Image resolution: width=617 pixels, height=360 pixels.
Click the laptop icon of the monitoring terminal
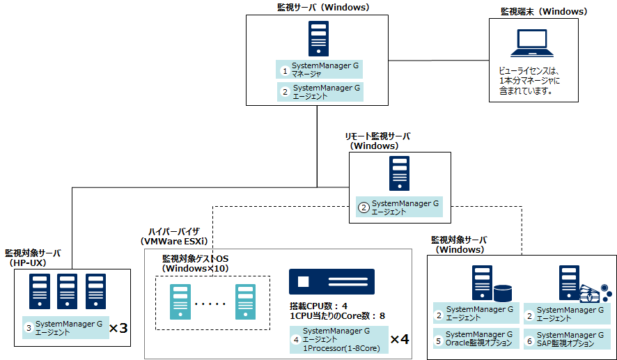tap(533, 43)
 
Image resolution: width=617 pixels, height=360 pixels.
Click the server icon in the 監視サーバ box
tap(318, 39)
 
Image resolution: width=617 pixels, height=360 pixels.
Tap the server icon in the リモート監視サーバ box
tap(399, 174)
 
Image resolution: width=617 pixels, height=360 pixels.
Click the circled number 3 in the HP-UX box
tap(29, 327)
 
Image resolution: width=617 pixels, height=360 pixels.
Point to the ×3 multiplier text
tap(119, 327)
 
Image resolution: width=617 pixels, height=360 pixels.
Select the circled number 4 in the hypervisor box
tap(296, 340)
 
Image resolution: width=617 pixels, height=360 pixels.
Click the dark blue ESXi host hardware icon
tap(331, 282)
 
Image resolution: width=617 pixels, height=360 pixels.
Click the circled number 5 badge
tap(439, 341)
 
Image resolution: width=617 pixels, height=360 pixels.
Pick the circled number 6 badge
tap(529, 341)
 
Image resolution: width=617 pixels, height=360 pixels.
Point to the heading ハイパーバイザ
tap(173, 231)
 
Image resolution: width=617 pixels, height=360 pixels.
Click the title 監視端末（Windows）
tap(544, 12)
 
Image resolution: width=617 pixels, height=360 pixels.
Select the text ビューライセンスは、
tap(529, 71)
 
